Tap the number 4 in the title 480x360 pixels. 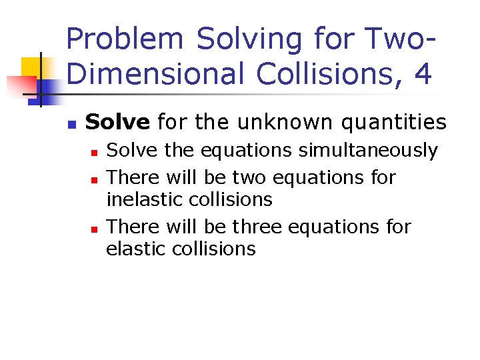pos(422,73)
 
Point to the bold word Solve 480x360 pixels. pos(117,122)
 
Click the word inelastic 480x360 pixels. pos(142,199)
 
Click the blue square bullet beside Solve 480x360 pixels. pos(71,124)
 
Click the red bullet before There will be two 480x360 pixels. pos(94,179)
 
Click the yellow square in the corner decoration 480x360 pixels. pos(31,67)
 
